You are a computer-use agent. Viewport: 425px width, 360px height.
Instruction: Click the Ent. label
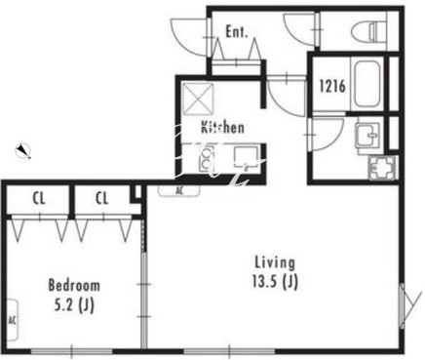(x=237, y=32)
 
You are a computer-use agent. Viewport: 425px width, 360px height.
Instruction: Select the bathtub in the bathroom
(x=367, y=86)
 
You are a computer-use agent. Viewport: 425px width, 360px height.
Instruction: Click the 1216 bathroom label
(x=331, y=86)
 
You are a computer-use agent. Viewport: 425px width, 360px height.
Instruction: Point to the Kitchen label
(x=222, y=127)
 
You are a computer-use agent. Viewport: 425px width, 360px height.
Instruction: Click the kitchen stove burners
(x=207, y=159)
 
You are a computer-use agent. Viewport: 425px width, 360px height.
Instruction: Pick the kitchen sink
(x=247, y=157)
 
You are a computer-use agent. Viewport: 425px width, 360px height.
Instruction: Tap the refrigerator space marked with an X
(x=198, y=99)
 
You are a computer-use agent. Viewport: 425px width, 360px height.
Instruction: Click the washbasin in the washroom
(x=367, y=136)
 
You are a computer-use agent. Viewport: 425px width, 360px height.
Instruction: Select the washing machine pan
(x=382, y=167)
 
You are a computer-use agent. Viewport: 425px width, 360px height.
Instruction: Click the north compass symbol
(x=23, y=150)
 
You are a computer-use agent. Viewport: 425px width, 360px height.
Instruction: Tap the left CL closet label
(x=39, y=198)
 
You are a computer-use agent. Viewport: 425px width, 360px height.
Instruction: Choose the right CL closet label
(x=102, y=198)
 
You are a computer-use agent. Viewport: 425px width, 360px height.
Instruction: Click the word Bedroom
(x=74, y=285)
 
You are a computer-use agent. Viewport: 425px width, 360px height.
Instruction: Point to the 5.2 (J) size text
(x=74, y=305)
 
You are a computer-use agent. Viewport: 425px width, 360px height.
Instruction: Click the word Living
(x=275, y=262)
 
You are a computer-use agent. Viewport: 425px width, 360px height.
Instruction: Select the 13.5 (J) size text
(x=275, y=282)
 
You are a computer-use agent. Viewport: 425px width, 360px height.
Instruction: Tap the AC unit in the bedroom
(x=12, y=320)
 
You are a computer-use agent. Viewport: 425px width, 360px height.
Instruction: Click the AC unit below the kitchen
(x=179, y=190)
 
